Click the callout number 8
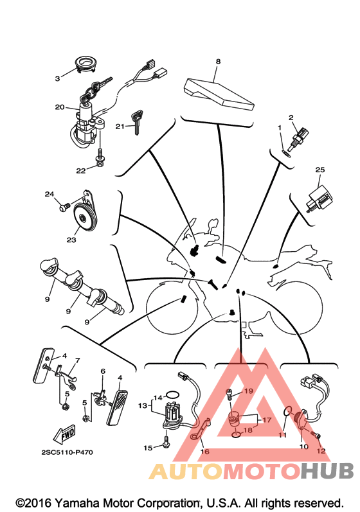(x=218, y=61)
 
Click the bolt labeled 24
(x=64, y=207)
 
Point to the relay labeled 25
(x=320, y=198)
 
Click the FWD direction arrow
(x=64, y=434)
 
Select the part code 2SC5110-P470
(x=67, y=452)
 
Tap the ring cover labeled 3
(x=86, y=64)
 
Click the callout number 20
(x=60, y=107)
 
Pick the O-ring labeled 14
(x=172, y=395)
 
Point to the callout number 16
(x=205, y=452)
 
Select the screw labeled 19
(x=230, y=394)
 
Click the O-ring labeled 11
(x=286, y=412)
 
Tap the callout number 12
(x=321, y=451)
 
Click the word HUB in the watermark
(x=327, y=471)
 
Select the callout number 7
(x=77, y=360)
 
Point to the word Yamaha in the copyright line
(x=78, y=503)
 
